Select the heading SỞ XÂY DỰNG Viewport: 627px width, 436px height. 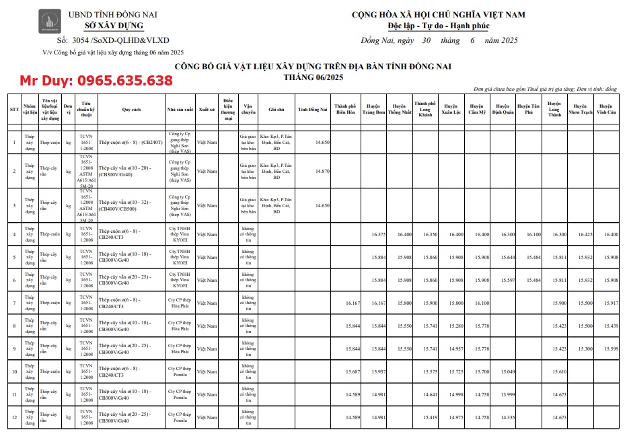(113, 26)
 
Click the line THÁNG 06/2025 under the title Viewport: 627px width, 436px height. (313, 77)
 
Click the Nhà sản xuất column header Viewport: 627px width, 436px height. (180, 108)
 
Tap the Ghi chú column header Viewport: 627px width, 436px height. (276, 108)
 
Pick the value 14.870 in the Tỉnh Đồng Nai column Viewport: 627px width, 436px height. (322, 171)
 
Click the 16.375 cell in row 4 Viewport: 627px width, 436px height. (377, 234)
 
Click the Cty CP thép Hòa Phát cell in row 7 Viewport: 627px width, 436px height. (180, 303)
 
